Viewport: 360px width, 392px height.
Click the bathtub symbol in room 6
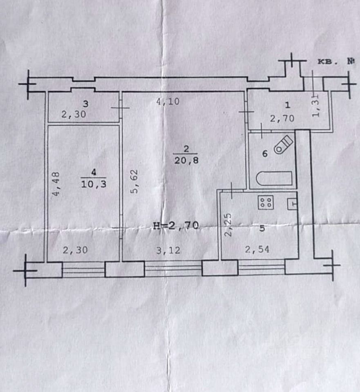click(274, 178)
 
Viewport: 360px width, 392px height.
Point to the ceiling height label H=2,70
click(175, 225)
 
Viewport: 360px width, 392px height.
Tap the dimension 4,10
click(168, 102)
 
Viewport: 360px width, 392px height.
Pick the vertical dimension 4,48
click(57, 185)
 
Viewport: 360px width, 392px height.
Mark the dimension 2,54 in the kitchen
click(257, 249)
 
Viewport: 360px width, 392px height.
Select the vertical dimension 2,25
click(228, 224)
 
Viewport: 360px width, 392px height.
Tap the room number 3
click(85, 104)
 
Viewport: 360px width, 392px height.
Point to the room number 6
click(264, 154)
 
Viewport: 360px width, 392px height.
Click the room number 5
click(262, 229)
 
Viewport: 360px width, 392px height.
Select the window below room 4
click(83, 269)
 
